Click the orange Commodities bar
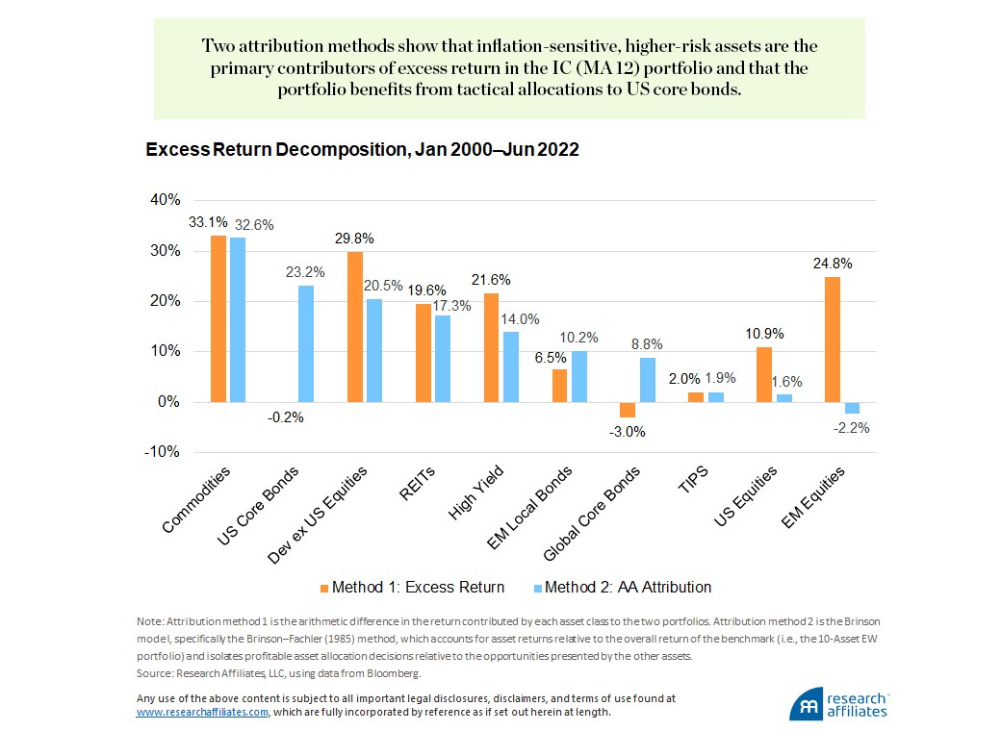tap(218, 318)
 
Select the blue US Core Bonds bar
tap(305, 343)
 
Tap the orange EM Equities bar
tap(834, 339)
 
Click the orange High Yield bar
tap(492, 347)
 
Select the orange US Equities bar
tap(764, 374)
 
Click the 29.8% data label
tap(354, 238)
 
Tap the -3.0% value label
tap(627, 432)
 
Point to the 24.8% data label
tap(833, 263)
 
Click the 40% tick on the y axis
tap(165, 200)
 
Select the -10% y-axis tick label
tap(163, 452)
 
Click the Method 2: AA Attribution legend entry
tap(622, 587)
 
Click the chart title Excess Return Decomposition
tap(361, 151)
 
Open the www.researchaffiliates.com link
tap(202, 713)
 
